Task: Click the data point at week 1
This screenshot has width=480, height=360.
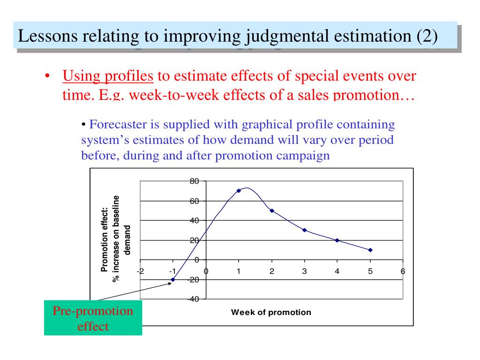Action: pos(239,191)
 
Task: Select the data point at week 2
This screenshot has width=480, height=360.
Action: pos(272,210)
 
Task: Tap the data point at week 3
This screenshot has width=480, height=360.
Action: pos(305,230)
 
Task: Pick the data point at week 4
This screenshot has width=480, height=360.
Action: pos(337,240)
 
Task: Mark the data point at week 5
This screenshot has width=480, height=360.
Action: pos(370,250)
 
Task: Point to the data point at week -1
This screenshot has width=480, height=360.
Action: pos(173,279)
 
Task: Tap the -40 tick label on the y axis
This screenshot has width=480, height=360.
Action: pos(194,299)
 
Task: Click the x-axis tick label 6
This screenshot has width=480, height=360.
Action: pos(403,271)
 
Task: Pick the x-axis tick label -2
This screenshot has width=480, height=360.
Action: pos(140,271)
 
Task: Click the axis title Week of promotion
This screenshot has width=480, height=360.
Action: pos(271,312)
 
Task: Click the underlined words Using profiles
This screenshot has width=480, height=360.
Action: pos(108,75)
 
